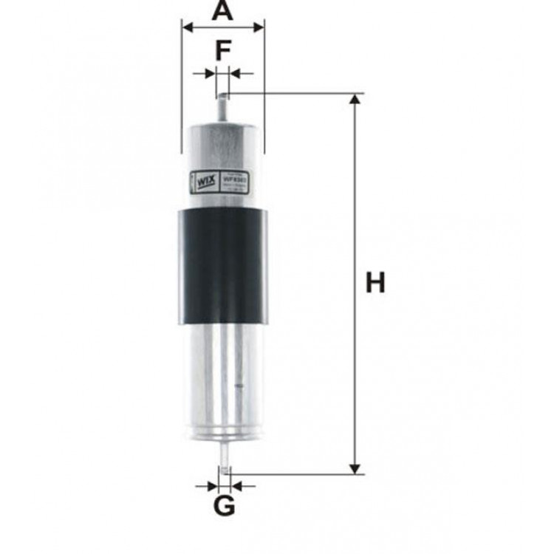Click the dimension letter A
point(222,11)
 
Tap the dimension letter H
point(375,283)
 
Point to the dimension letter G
point(224,507)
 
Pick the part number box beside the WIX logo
point(242,179)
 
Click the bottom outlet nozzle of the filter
point(224,458)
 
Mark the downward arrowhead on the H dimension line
point(356,468)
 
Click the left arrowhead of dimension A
point(187,27)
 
